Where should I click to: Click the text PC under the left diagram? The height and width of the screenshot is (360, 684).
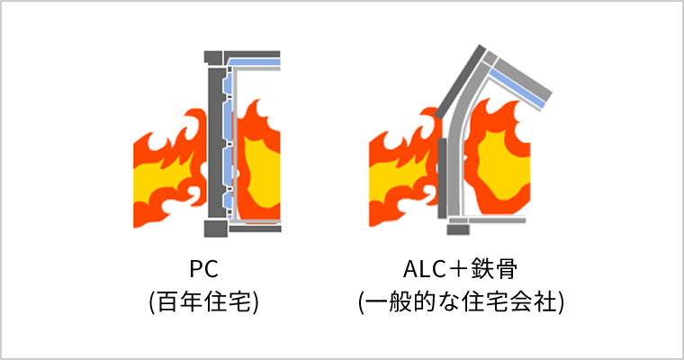click(204, 267)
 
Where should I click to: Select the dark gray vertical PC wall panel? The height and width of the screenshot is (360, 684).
click(214, 144)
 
